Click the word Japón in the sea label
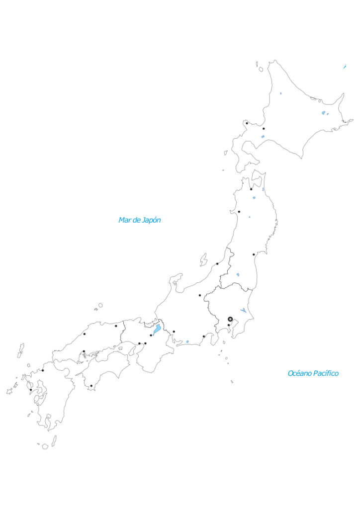[151, 220]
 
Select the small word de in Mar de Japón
[137, 220]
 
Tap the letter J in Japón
[144, 220]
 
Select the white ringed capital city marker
[230, 319]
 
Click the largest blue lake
[157, 329]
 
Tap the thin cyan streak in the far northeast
[345, 67]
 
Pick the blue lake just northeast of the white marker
[244, 311]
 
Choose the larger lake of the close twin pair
[324, 113]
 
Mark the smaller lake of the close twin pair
[328, 114]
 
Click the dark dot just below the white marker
[229, 325]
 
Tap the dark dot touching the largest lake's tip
[151, 335]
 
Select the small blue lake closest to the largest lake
[187, 341]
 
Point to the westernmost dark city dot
[31, 390]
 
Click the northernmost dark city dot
[247, 123]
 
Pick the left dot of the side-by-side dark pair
[139, 343]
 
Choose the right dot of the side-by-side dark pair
[145, 343]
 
